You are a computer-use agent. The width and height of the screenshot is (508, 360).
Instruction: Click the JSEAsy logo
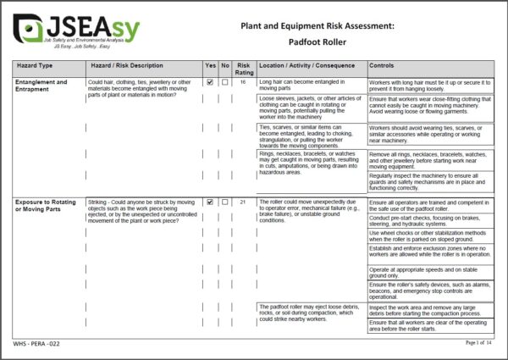[76, 31]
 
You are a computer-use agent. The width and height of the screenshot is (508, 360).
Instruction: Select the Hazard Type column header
[35, 65]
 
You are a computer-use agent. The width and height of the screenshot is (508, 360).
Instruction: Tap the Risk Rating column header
[244, 69]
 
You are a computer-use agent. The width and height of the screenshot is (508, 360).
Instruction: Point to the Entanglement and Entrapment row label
[41, 86]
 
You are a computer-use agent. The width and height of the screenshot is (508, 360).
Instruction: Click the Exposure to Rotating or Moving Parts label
[47, 206]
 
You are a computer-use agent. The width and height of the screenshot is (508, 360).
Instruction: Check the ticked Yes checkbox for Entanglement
[210, 82]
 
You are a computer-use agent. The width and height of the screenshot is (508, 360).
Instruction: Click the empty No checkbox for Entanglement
[225, 82]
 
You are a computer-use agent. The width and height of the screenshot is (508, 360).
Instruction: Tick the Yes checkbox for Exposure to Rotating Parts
[210, 202]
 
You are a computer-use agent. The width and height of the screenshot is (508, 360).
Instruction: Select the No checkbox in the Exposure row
[225, 202]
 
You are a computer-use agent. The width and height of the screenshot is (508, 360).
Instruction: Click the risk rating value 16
[244, 82]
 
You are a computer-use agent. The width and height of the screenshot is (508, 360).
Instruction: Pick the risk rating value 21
[244, 202]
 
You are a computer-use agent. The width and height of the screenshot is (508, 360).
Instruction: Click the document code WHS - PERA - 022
[39, 343]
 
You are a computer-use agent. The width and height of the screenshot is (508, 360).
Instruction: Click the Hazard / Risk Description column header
[127, 65]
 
